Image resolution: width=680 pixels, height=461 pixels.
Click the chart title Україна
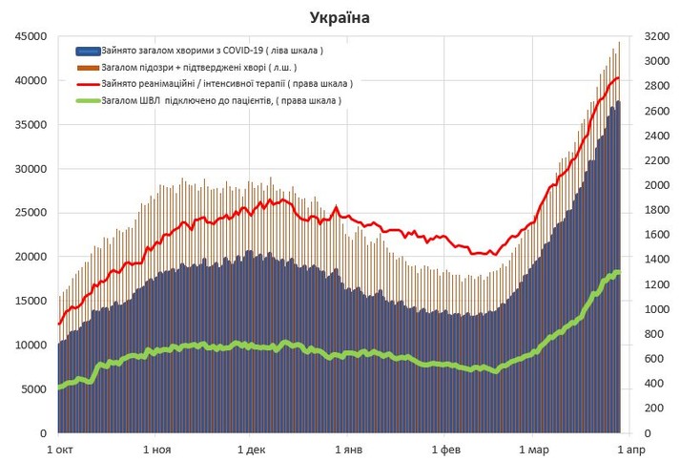click(x=340, y=17)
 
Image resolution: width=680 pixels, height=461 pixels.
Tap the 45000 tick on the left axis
click(x=27, y=36)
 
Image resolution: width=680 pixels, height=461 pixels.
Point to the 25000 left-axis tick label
click(x=27, y=213)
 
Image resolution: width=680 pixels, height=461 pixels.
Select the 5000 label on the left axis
click(x=30, y=389)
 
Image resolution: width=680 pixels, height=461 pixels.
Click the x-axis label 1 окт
click(x=59, y=449)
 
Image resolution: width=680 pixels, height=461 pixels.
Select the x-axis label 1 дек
click(x=251, y=449)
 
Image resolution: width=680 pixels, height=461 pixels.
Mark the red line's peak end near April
click(x=618, y=78)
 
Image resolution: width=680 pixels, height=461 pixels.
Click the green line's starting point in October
click(x=59, y=387)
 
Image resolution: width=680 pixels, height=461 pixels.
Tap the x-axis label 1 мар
click(x=534, y=449)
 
